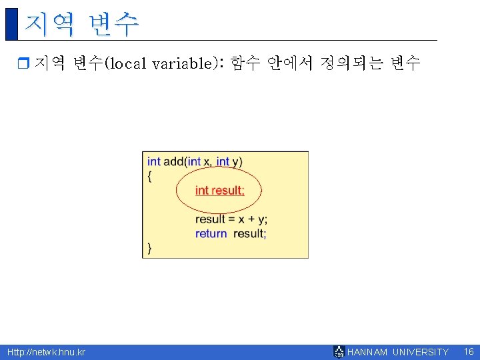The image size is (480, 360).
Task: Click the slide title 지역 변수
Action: coord(81,24)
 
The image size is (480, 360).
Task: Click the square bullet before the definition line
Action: coord(23,64)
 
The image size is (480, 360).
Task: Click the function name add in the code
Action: coord(174,161)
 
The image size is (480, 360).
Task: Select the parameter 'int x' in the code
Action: coord(199,161)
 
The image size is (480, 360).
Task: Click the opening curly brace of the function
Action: coord(149,175)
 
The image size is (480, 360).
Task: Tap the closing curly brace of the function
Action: coord(149,248)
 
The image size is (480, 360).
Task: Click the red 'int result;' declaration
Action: coord(219,191)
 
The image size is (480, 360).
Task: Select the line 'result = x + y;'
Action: coord(231,219)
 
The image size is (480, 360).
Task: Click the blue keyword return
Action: coord(211,233)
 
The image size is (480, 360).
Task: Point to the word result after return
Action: coord(250,233)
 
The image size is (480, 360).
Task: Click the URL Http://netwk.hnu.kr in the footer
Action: coord(46,352)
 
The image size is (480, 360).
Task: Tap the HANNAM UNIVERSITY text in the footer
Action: coord(398,352)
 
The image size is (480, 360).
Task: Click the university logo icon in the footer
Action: coord(339,351)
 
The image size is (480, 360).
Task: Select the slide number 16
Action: coord(468,351)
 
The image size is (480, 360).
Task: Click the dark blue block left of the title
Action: coord(11,23)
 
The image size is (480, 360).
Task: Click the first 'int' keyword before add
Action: coord(154,161)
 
